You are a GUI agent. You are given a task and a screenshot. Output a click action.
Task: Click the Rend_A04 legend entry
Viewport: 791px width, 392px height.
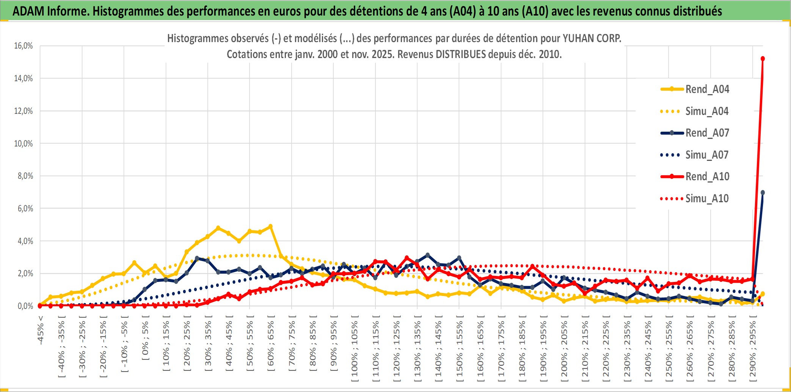[707, 89]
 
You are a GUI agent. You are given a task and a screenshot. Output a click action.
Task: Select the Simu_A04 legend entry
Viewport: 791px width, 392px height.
[707, 111]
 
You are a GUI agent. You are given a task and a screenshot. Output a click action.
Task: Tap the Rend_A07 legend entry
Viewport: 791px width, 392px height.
[707, 133]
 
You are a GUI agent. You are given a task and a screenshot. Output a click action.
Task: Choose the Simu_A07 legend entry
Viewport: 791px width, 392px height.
[707, 155]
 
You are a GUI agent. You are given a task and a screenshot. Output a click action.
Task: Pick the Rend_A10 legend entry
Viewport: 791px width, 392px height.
[707, 176]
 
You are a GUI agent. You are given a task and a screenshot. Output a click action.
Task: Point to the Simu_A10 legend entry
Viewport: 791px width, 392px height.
[707, 198]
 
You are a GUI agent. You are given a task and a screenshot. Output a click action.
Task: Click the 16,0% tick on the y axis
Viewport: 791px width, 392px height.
[24, 46]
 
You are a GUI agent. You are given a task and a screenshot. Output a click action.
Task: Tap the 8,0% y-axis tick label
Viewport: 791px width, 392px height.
[25, 176]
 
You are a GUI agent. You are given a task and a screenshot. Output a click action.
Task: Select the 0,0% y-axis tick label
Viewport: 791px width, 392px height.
[25, 306]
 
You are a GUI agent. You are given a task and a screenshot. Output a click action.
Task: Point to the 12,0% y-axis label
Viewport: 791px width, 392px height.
[24, 111]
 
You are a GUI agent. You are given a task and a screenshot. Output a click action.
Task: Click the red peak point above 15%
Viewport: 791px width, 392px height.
[763, 59]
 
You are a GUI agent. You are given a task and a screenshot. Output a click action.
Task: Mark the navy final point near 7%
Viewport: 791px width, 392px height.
[763, 193]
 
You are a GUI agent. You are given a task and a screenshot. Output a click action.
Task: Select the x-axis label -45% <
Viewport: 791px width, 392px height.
[41, 330]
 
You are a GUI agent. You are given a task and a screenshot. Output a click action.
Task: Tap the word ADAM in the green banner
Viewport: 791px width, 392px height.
[28, 11]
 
